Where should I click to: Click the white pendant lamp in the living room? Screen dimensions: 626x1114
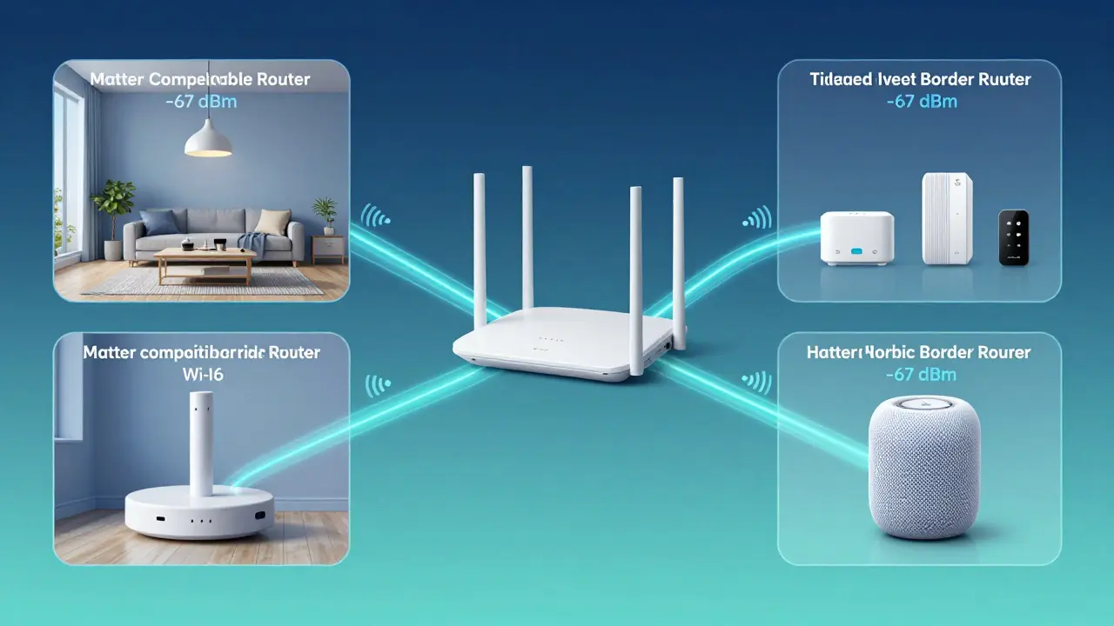coord(208,139)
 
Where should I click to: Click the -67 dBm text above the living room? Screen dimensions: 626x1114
coord(199,102)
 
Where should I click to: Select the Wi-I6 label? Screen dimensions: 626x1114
coord(201,376)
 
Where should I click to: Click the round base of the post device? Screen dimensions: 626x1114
coord(201,515)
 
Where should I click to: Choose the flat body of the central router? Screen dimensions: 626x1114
coord(557,348)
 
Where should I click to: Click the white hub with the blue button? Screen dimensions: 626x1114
coord(856,239)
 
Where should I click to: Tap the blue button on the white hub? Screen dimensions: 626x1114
coord(858,250)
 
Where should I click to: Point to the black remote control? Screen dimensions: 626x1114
coord(1013,237)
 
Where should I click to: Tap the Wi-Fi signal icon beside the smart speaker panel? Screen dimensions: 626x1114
coord(757,381)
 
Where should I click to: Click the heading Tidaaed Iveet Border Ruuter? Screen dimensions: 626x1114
coord(920,79)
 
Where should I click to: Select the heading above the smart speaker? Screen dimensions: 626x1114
coord(919,352)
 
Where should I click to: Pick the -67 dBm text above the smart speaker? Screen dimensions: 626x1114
coord(921,375)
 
